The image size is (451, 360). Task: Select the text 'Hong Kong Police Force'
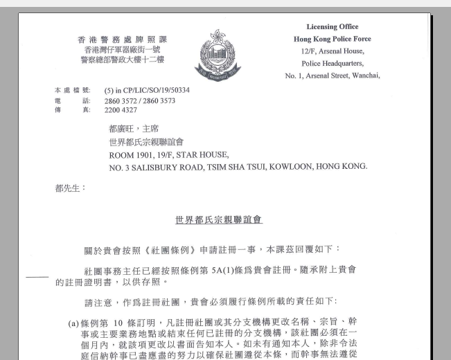coord(332,39)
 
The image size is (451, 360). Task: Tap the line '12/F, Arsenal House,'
coord(332,51)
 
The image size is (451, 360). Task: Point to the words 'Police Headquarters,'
coord(332,63)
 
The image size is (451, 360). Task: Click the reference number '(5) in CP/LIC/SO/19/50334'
coord(147,91)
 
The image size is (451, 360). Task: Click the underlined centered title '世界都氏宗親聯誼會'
coord(219,220)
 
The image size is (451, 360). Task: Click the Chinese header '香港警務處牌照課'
coord(122,39)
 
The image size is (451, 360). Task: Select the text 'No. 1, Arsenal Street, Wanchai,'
coord(333,75)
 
